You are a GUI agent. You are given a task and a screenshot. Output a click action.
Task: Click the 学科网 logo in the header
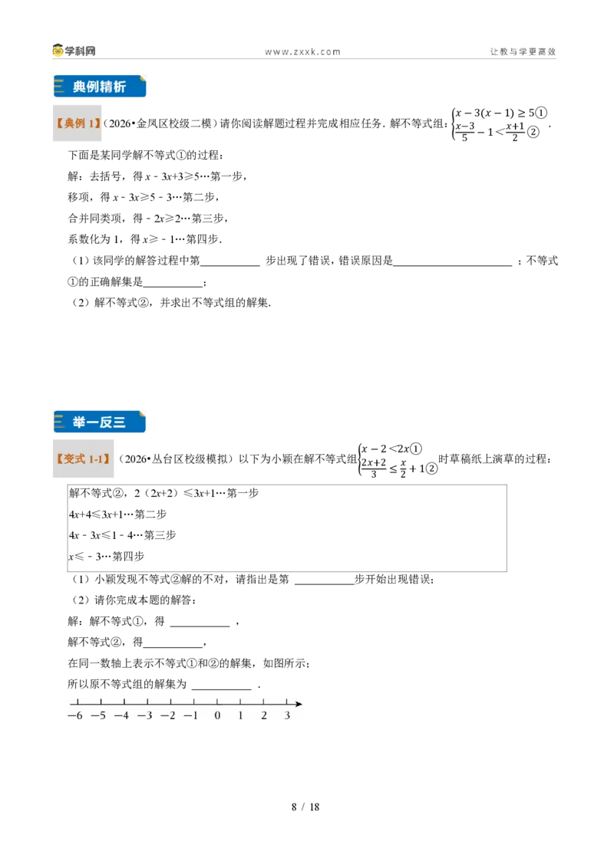[x=74, y=51]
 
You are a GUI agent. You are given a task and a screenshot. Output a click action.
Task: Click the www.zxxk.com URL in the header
[x=302, y=51]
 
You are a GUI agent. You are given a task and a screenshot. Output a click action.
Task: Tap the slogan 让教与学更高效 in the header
[x=523, y=51]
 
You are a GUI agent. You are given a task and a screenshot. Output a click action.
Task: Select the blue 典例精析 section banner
[x=100, y=87]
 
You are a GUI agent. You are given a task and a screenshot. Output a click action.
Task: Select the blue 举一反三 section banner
[x=100, y=422]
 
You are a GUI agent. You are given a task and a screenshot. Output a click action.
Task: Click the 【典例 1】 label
[x=78, y=123]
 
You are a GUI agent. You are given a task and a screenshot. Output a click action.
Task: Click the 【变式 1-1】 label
[x=83, y=459]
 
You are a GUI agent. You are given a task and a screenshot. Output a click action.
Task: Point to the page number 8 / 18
[x=305, y=807]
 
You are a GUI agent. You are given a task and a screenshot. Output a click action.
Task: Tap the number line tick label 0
[x=217, y=715]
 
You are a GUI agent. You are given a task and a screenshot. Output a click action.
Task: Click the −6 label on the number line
[x=75, y=715]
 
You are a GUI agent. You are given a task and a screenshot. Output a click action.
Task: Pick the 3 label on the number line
[x=287, y=715]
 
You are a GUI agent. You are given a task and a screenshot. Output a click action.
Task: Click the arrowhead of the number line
[x=299, y=704]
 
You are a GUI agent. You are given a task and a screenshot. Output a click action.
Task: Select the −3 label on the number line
[x=145, y=715]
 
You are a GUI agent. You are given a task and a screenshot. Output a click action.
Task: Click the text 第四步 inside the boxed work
[x=128, y=557]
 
